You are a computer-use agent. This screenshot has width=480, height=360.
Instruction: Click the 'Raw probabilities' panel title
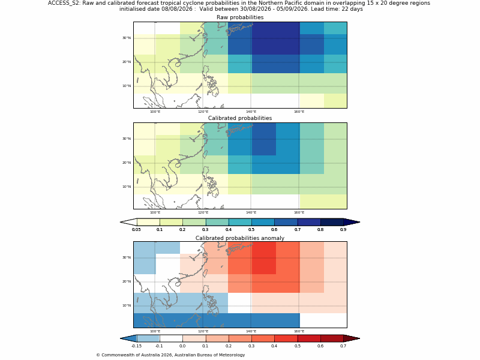coord(240,17)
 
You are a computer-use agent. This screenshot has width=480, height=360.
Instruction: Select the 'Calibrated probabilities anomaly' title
coord(240,238)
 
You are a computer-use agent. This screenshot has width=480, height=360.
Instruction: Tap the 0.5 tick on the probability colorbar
coord(251,230)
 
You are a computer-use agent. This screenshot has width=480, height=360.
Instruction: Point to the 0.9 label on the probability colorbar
coord(343,230)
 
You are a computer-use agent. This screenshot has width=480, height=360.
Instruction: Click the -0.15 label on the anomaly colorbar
coord(136,346)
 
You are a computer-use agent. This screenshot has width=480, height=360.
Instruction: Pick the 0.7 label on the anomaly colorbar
coord(343,346)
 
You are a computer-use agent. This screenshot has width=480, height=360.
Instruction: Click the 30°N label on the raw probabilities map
coord(127,38)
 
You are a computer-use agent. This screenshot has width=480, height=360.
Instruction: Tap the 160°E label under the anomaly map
coord(299,331)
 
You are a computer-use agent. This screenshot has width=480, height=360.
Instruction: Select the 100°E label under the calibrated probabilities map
coord(155,212)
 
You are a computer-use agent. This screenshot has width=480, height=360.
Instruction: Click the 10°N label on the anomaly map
coord(127,305)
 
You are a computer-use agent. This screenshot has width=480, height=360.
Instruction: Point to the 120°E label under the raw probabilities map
coord(203,112)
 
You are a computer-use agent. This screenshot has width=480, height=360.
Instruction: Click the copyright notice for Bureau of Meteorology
coord(170,355)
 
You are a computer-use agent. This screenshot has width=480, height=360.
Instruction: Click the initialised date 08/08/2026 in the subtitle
coord(177,9)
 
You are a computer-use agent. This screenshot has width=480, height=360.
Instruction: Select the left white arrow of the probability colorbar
coord(128,222)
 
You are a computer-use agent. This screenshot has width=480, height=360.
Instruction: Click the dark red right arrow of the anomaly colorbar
coord(352,338)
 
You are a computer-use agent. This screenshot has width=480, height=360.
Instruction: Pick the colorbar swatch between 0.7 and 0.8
coord(309,222)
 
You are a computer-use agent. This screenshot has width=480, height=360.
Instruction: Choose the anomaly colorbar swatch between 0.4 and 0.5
coord(286,338)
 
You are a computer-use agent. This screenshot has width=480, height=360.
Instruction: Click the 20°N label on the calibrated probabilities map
coord(127,163)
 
